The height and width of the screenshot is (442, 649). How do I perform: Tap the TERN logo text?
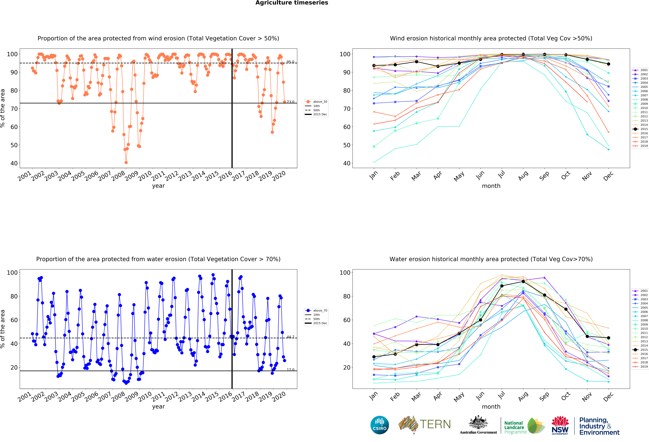point(435,424)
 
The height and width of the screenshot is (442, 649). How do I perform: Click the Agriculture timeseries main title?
point(292,3)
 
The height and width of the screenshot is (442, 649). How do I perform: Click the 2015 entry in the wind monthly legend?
point(640,129)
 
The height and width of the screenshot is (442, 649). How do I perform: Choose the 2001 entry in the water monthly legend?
point(640,291)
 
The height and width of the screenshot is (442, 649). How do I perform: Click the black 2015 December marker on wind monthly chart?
point(608,64)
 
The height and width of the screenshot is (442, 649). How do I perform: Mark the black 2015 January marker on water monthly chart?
point(374,357)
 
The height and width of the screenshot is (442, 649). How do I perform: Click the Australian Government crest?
point(478,422)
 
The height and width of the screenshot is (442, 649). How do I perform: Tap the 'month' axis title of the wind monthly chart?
point(491,186)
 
